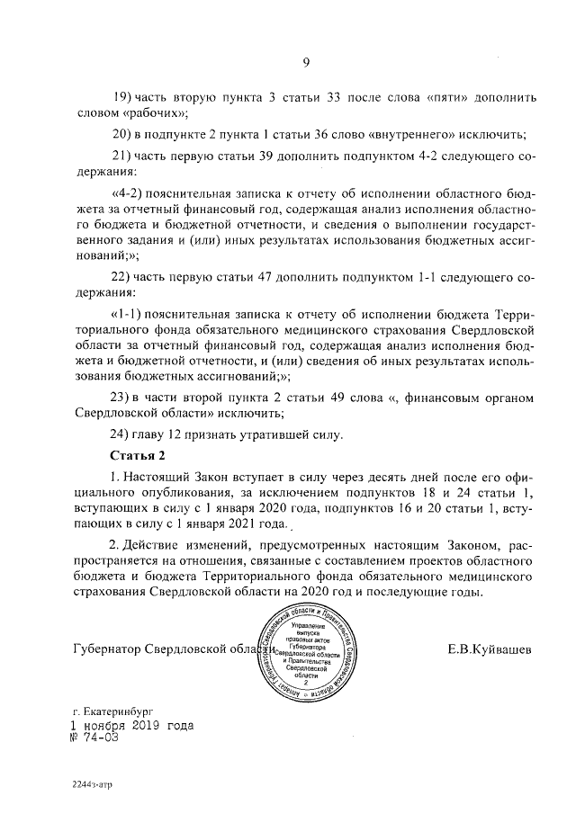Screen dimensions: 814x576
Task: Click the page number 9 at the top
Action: pos(305,62)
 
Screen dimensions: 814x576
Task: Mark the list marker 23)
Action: pos(121,397)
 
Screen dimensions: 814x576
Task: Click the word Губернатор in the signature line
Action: pos(109,649)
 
